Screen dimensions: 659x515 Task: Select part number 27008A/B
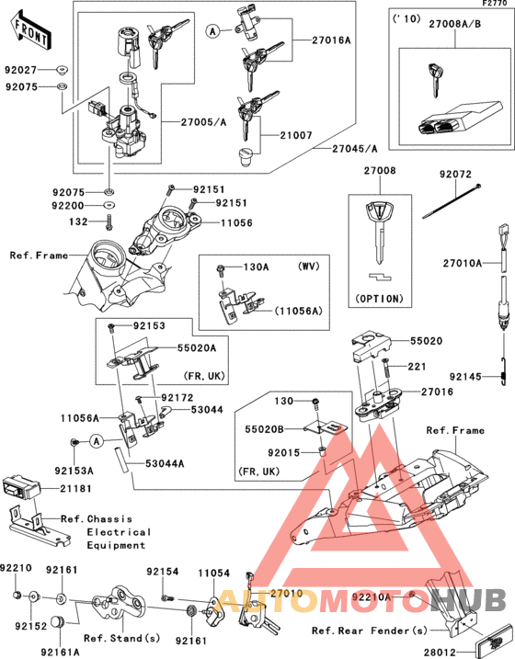[x=451, y=30]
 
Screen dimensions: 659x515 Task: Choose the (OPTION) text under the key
[x=378, y=299]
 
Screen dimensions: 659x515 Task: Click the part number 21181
[x=79, y=487]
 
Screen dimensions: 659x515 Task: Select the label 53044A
[x=166, y=465]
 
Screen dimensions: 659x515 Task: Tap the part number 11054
[x=212, y=572]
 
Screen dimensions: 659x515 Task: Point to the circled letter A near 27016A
[x=213, y=31]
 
